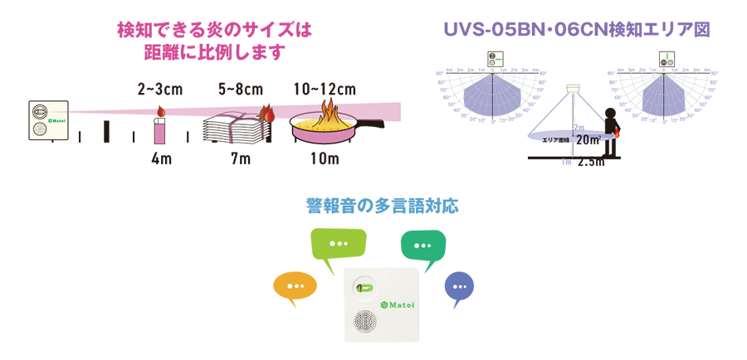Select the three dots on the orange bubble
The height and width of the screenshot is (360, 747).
pyautogui.click(x=295, y=286)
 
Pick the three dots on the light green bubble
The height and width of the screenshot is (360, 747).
pyautogui.click(x=338, y=244)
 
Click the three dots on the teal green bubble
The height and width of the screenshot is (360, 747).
pyautogui.click(x=422, y=245)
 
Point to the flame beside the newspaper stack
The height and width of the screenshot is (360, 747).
pyautogui.click(x=267, y=110)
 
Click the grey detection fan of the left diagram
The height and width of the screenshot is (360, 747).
pyautogui.click(x=493, y=95)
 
